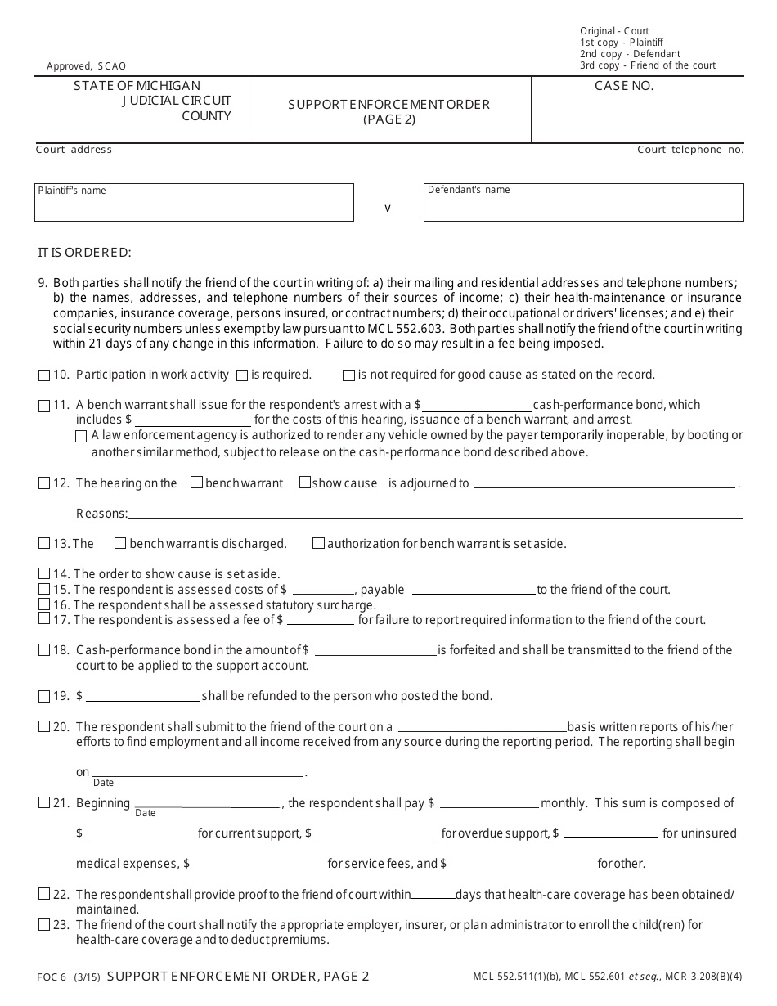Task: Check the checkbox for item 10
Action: pyautogui.click(x=44, y=375)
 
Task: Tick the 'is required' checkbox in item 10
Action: pyautogui.click(x=242, y=375)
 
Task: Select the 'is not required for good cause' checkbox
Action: pyautogui.click(x=349, y=375)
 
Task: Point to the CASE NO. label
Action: pyautogui.click(x=624, y=86)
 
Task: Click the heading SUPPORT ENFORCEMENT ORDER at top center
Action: pyautogui.click(x=389, y=104)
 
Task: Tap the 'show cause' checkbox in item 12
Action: pyautogui.click(x=305, y=483)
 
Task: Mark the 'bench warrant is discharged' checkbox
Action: pyautogui.click(x=120, y=543)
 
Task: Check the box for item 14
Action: pyautogui.click(x=44, y=574)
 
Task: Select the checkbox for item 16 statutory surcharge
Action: pyautogui.click(x=44, y=604)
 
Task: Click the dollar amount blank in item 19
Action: pyautogui.click(x=143, y=696)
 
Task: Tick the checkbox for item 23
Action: pyautogui.click(x=44, y=925)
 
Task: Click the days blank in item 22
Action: pyautogui.click(x=433, y=894)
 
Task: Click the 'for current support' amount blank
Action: pyautogui.click(x=139, y=833)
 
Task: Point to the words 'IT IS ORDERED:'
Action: pyautogui.click(x=84, y=252)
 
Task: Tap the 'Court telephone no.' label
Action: pyautogui.click(x=690, y=150)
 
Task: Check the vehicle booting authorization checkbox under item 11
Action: pyautogui.click(x=81, y=436)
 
